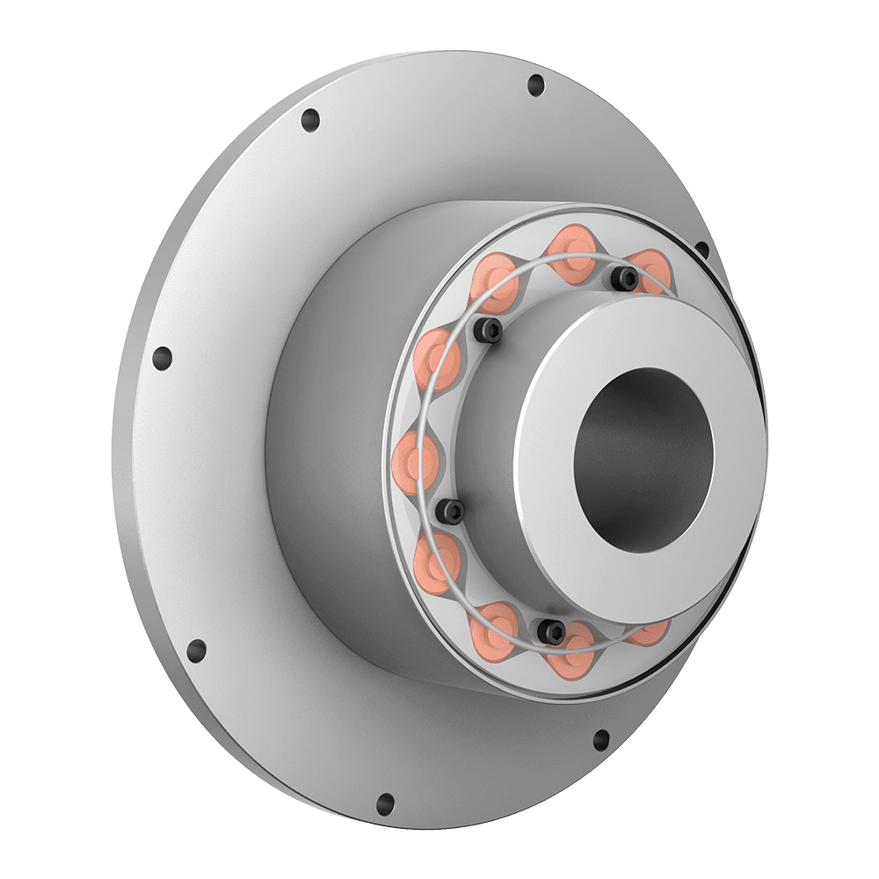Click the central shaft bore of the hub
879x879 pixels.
643,457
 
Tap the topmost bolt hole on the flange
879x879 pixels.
535,85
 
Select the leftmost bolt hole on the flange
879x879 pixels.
162,358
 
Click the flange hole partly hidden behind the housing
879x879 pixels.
701,250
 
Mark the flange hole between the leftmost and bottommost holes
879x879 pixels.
197,650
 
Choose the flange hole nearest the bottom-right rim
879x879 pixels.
601,737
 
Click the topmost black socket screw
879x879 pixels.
626,279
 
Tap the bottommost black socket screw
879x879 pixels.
552,628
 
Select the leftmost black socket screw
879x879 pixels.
451,509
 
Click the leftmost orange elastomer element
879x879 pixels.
414,458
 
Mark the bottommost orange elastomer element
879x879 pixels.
575,652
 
